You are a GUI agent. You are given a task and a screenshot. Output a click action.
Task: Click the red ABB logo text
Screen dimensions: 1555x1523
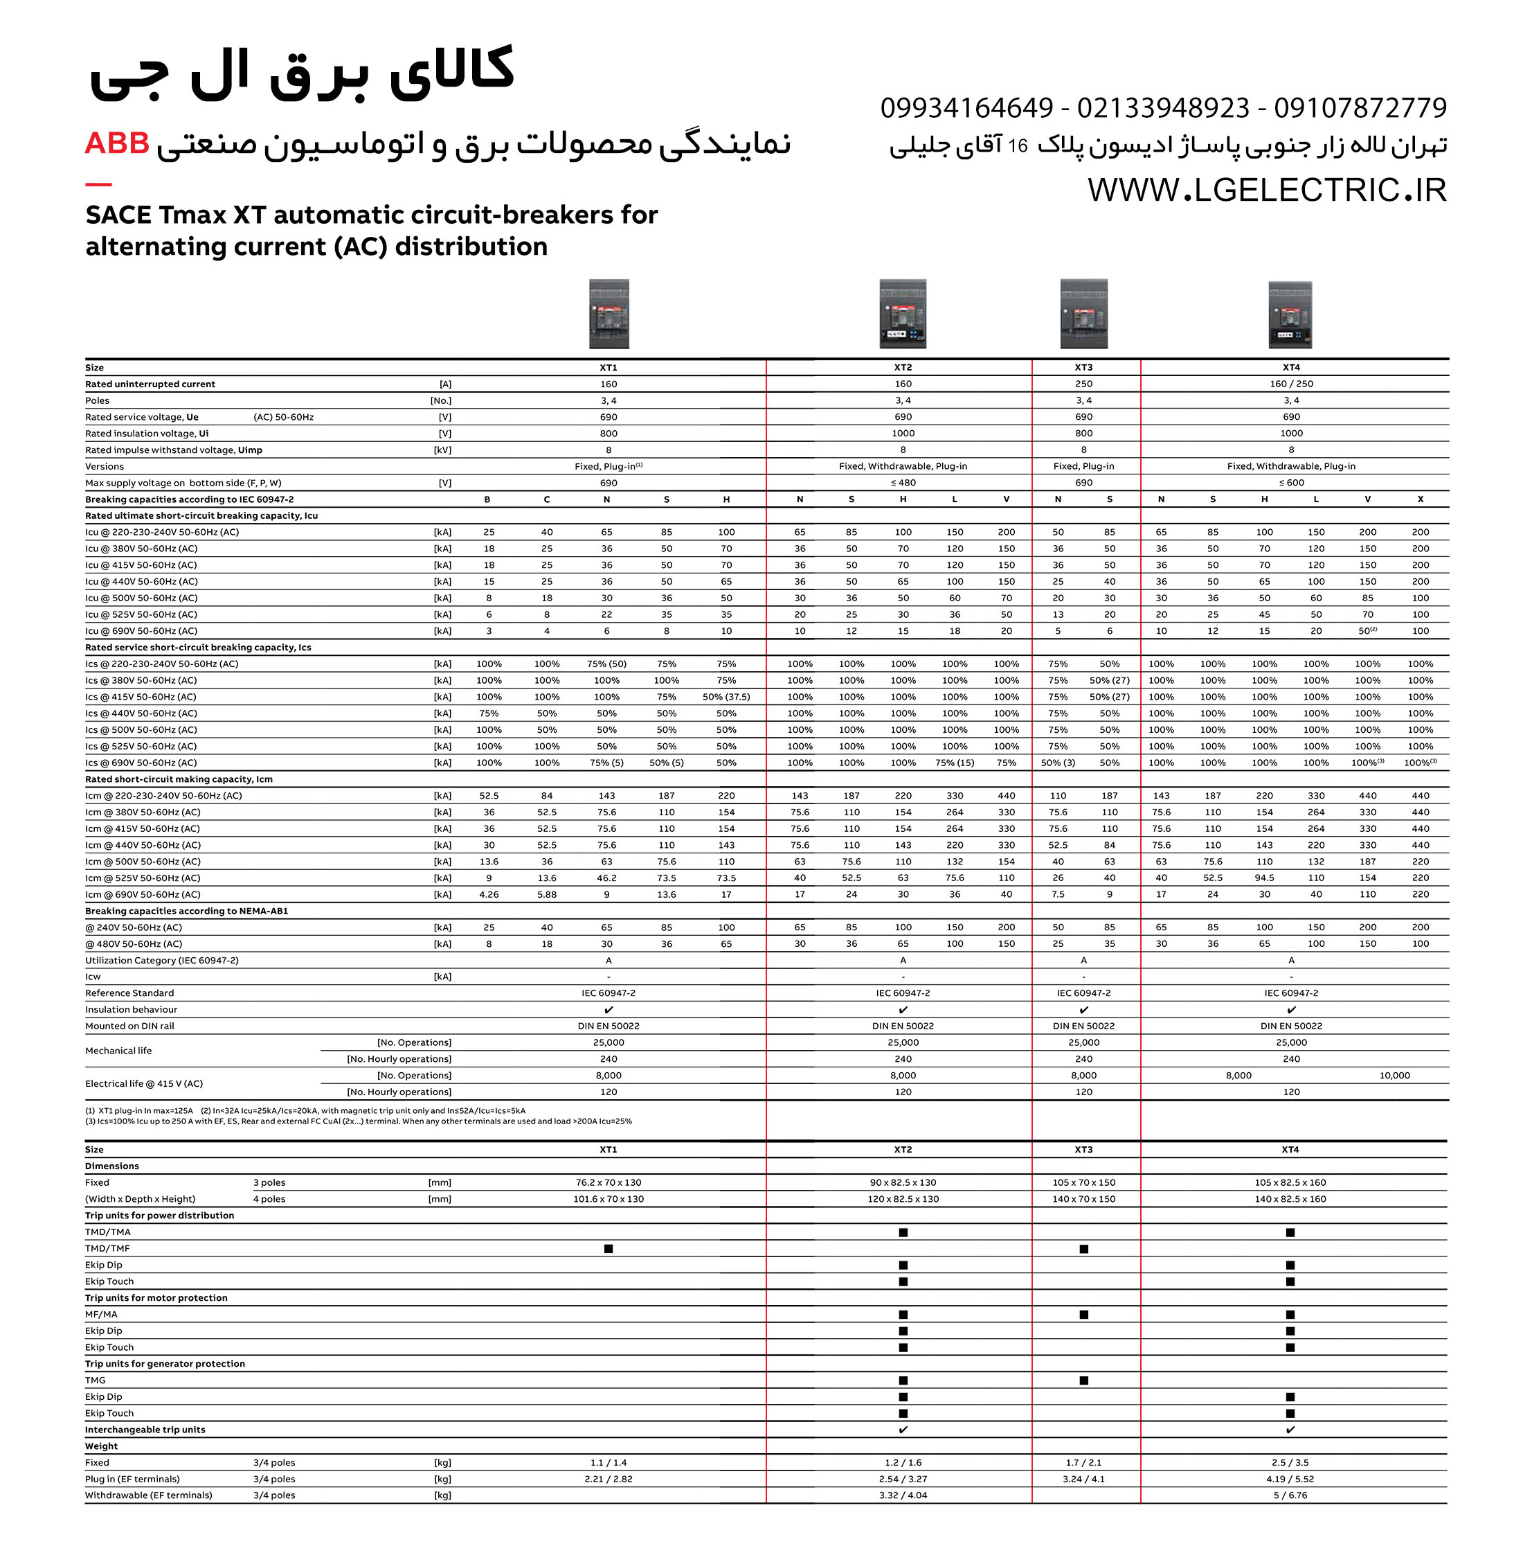click(x=117, y=143)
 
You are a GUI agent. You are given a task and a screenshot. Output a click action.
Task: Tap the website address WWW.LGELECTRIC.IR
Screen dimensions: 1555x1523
click(x=1266, y=190)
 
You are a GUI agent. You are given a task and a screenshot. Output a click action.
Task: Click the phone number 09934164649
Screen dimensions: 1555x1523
click(x=966, y=107)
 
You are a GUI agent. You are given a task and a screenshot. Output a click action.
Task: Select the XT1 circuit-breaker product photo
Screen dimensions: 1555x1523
click(x=609, y=314)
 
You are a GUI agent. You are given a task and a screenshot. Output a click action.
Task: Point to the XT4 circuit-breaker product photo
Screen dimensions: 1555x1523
click(x=1290, y=314)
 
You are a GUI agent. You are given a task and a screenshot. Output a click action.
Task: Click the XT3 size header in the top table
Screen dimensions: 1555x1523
click(x=1083, y=367)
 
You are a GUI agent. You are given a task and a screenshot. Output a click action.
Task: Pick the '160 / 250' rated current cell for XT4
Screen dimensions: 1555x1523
click(x=1291, y=384)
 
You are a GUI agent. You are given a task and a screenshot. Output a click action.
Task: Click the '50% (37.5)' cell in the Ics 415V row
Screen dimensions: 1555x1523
click(x=726, y=697)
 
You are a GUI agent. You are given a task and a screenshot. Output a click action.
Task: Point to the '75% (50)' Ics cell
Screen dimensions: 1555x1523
click(x=606, y=664)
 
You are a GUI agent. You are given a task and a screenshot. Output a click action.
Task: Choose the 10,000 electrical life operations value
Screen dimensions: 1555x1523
click(x=1394, y=1076)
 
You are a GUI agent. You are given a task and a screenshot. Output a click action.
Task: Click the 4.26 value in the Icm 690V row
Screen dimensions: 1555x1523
click(x=489, y=895)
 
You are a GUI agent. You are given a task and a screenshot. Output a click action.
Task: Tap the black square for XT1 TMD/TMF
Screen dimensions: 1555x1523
click(x=609, y=1248)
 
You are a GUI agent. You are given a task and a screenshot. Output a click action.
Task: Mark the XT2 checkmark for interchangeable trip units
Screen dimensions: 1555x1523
click(x=903, y=1430)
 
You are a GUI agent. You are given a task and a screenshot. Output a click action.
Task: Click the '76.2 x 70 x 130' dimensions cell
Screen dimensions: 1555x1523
click(x=608, y=1183)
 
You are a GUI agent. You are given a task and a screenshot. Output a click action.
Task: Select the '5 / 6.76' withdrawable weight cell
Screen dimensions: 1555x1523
click(x=1290, y=1495)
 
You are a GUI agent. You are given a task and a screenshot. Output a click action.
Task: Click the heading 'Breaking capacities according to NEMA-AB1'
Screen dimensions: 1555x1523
click(x=186, y=912)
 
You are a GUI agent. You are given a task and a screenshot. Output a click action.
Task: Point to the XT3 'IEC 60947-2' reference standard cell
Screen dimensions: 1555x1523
click(x=1083, y=993)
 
